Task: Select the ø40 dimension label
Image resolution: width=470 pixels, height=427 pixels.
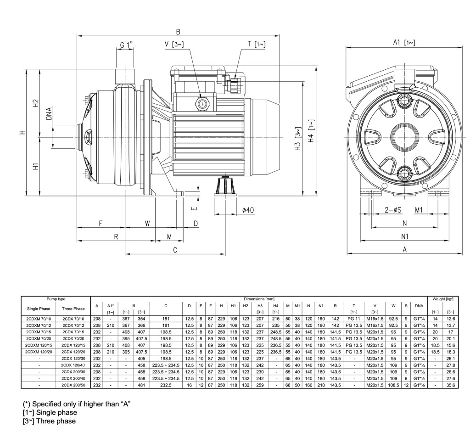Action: click(248, 210)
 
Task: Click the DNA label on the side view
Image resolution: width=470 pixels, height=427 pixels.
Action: click(49, 113)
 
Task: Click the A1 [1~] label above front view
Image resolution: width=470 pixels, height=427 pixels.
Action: click(404, 43)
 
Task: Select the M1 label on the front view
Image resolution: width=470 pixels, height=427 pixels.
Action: click(419, 210)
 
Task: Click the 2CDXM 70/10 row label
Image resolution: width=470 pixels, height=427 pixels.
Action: click(39, 318)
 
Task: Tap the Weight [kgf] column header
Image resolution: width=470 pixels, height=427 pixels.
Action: click(442, 299)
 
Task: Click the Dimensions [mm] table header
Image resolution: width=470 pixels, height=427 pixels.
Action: click(259, 299)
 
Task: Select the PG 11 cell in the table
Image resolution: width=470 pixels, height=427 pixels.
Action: click(354, 318)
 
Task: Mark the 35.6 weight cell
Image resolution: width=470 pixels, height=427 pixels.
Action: click(450, 385)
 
